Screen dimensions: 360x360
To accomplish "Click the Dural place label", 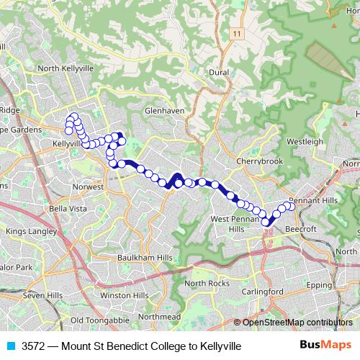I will tap(218, 73).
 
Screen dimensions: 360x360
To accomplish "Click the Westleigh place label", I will tap(305, 142).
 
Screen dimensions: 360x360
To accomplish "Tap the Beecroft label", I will tap(302, 228).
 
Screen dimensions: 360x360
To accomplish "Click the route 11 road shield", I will tap(236, 34).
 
